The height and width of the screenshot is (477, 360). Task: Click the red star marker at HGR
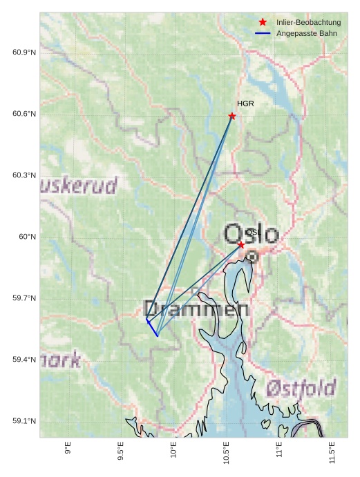coord(232,116)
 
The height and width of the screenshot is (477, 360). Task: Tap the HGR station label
coord(245,104)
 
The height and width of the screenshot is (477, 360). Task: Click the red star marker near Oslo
coord(241,245)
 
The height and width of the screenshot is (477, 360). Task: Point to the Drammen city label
coord(196,309)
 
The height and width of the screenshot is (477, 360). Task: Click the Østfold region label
coord(301,387)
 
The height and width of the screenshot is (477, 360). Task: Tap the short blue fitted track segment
coord(152,328)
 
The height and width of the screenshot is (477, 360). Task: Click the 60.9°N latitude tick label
coord(24,53)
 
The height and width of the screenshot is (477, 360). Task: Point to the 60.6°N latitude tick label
coord(24,114)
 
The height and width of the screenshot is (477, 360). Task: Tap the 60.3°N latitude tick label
coord(24,175)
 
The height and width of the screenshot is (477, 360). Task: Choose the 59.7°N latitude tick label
coord(24,298)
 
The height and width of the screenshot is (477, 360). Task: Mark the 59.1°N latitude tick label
coord(24,421)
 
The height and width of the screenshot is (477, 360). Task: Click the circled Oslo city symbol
coord(253,257)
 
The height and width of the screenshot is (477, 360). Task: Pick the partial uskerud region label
coord(78,185)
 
